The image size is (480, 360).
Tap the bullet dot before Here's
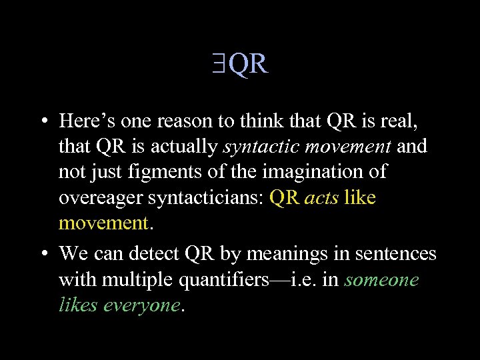42,121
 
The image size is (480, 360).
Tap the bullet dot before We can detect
42,254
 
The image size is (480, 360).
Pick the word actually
185,147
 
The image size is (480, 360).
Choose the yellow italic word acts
321,198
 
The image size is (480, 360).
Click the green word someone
381,279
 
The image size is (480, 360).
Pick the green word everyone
141,305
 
